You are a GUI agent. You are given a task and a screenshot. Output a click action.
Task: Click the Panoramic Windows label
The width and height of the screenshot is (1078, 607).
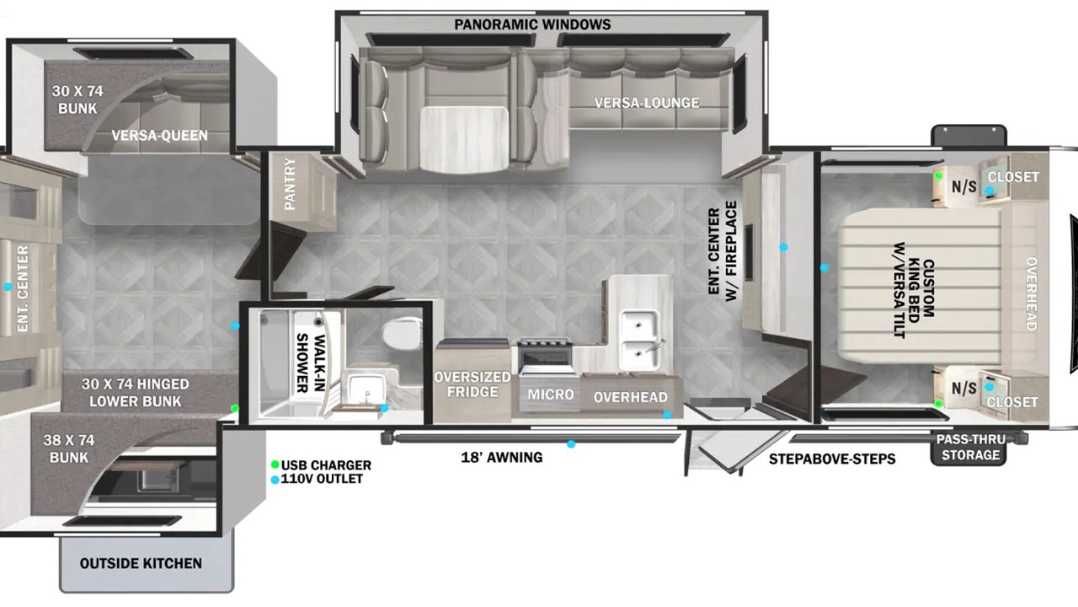532,24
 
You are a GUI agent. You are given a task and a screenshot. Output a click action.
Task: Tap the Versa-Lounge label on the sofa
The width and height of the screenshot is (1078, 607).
646,103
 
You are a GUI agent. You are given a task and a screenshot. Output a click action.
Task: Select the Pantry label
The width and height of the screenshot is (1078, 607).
290,184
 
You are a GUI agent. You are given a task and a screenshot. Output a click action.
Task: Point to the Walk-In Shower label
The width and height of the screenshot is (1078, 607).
311,363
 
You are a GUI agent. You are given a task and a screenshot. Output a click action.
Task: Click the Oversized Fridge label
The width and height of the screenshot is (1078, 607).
472,384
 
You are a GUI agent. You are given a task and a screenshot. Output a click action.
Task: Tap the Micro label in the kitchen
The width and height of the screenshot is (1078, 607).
551,395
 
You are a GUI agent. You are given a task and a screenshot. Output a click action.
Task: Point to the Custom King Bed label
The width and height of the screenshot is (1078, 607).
913,289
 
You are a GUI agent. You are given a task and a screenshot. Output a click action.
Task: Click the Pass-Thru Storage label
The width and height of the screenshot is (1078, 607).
970,447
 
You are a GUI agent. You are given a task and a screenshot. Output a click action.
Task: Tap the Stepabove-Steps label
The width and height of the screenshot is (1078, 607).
832,459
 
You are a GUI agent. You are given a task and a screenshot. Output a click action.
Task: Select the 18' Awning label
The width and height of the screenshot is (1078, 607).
501,457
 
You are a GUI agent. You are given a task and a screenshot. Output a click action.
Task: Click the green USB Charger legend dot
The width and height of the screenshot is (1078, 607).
275,465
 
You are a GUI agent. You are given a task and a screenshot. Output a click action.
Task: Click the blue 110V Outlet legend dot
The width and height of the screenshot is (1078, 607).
275,480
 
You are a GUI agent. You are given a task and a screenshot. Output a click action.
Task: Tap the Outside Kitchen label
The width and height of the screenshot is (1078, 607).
141,563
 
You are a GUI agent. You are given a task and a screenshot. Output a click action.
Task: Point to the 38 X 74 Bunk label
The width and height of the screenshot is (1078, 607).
69,449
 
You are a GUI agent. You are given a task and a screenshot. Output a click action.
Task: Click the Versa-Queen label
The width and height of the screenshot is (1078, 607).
160,136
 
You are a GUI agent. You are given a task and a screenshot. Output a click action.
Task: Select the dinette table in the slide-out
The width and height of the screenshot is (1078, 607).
464,139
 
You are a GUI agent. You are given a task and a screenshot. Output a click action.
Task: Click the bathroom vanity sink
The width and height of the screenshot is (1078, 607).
366,389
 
